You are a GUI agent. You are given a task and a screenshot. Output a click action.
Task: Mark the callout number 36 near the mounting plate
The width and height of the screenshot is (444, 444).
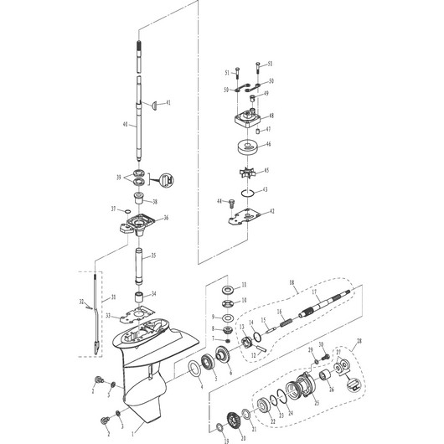click(x=165, y=218)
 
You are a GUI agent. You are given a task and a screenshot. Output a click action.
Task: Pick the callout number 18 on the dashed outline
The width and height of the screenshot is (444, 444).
click(x=292, y=285)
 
